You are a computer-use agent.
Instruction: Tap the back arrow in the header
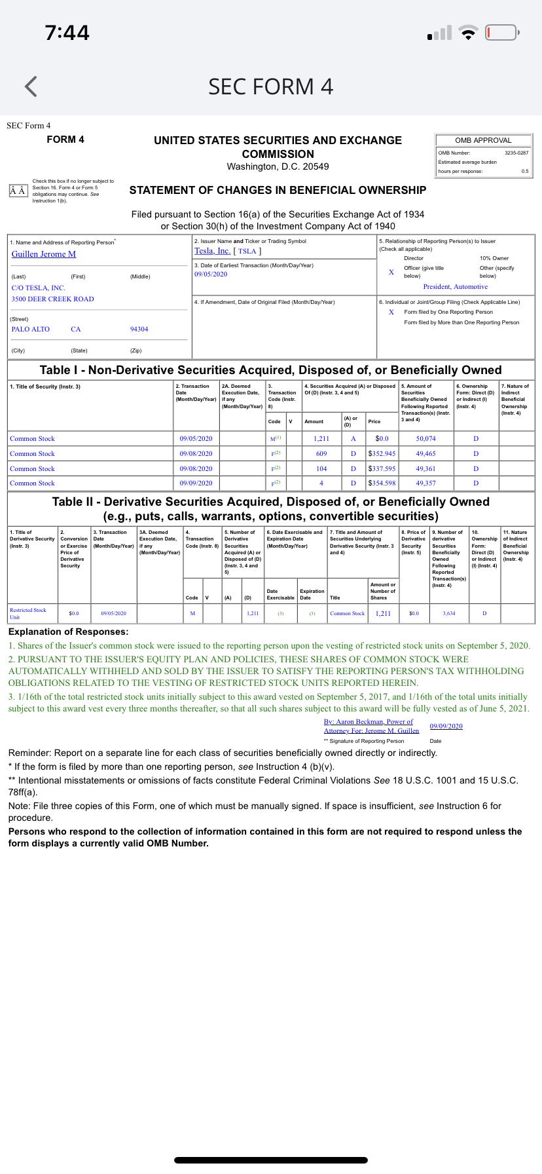(31, 86)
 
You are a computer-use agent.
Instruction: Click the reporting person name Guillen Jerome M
(44, 254)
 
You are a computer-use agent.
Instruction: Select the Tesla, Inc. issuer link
(212, 251)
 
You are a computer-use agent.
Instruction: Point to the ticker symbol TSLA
(247, 252)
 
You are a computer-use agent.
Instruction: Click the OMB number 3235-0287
(516, 153)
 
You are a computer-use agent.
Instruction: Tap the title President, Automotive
(456, 287)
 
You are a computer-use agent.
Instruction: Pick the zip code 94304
(139, 330)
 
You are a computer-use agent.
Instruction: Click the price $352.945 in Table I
(382, 453)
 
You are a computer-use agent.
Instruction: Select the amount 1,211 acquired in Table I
(321, 439)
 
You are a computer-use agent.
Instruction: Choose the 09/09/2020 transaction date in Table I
(196, 483)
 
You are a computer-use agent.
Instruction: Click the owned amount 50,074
(425, 439)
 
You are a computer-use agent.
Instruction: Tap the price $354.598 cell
(382, 483)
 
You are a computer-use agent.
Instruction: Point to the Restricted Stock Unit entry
(27, 613)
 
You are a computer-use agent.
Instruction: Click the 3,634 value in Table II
(449, 614)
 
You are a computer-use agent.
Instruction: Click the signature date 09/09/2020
(446, 726)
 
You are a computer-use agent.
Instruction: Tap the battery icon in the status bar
(502, 33)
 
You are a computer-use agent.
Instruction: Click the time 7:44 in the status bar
(67, 33)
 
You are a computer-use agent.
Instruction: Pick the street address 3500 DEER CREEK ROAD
(53, 299)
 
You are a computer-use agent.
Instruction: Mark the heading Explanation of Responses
(68, 632)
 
